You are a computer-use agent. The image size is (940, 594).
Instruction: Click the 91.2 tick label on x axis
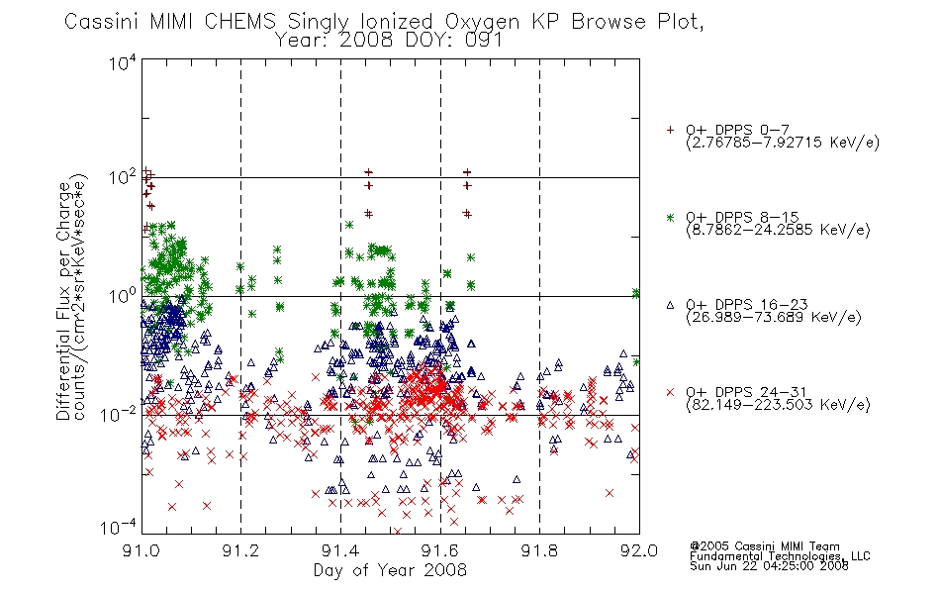(240, 550)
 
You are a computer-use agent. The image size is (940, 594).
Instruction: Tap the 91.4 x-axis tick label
(340, 550)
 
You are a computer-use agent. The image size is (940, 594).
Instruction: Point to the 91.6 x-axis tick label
(440, 550)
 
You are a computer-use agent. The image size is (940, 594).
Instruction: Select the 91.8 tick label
(539, 550)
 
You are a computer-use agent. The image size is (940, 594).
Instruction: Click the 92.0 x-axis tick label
(639, 550)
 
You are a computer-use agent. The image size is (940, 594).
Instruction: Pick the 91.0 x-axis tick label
(141, 550)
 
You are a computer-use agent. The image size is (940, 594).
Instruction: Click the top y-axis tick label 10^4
(123, 62)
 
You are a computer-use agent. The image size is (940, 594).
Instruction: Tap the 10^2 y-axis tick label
(123, 177)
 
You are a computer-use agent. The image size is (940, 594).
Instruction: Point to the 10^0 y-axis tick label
(123, 296)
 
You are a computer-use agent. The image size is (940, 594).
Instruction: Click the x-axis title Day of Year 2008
(390, 570)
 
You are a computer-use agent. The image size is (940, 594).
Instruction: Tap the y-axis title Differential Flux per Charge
(63, 301)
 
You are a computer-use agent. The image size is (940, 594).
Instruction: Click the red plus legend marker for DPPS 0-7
(670, 130)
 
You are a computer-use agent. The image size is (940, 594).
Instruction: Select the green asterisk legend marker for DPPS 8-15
(670, 217)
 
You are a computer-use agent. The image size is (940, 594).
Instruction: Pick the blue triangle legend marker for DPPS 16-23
(670, 305)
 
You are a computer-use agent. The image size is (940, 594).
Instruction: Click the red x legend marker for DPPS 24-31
(670, 392)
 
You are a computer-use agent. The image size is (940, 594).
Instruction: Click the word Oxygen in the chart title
(482, 22)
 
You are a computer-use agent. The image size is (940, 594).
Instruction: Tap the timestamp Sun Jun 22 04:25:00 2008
(769, 565)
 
